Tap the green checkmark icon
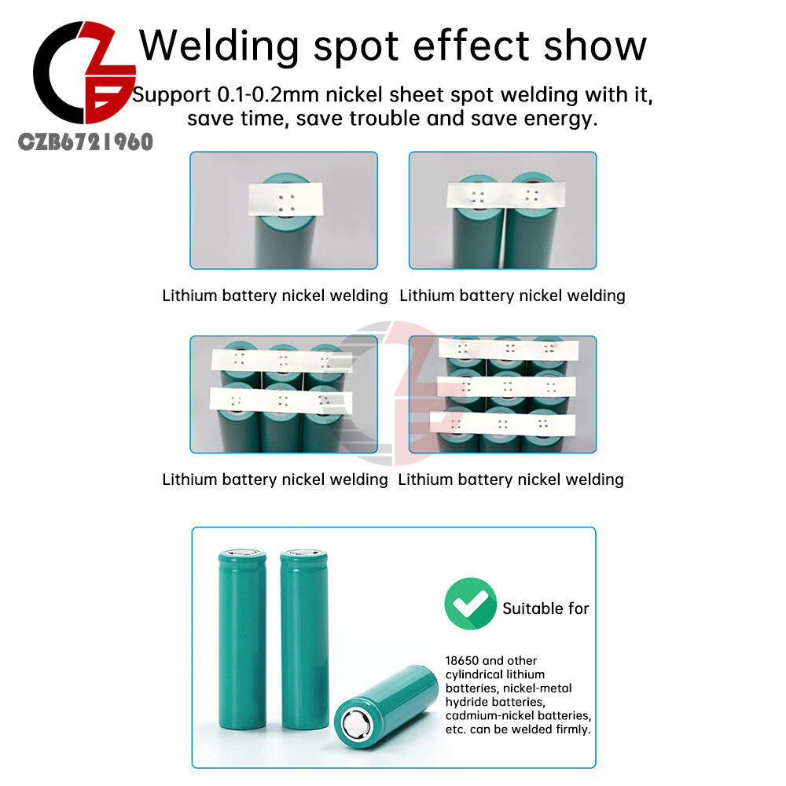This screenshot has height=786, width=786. pyautogui.click(x=470, y=604)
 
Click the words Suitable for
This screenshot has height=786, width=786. pyautogui.click(x=545, y=608)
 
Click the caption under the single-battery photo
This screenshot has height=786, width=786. pyautogui.click(x=275, y=296)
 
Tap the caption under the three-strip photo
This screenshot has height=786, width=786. pyautogui.click(x=511, y=479)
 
